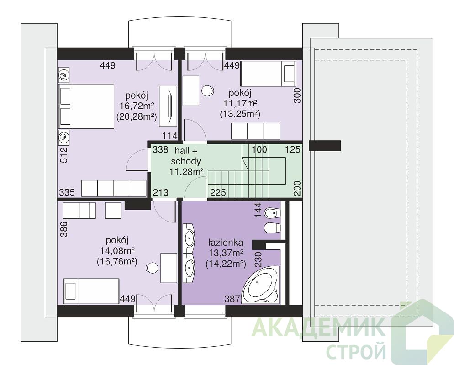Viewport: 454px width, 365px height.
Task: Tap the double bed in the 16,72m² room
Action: pyautogui.click(x=86, y=106)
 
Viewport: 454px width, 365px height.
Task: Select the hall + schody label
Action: pyautogui.click(x=186, y=156)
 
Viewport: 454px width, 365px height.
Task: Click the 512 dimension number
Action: pyautogui.click(x=64, y=155)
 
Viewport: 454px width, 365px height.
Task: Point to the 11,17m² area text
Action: pyautogui.click(x=240, y=103)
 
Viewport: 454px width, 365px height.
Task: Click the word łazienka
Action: pyautogui.click(x=226, y=242)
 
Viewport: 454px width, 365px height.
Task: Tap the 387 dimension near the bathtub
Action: pyautogui.click(x=232, y=298)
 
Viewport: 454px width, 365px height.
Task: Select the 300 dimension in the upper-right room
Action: pyautogui.click(x=297, y=95)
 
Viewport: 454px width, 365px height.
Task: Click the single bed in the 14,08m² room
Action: pyautogui.click(x=91, y=291)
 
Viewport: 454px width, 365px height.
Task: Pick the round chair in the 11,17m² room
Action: pyautogui.click(x=207, y=91)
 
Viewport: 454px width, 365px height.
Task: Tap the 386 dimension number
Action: pyautogui.click(x=64, y=229)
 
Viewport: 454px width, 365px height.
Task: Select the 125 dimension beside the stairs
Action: pyautogui.click(x=293, y=149)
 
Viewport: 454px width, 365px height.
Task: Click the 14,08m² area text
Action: pyautogui.click(x=117, y=251)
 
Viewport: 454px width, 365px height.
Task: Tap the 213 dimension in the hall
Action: pyautogui.click(x=161, y=192)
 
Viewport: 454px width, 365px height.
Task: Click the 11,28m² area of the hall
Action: pyautogui.click(x=186, y=172)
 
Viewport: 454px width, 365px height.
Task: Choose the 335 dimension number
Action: pyautogui.click(x=67, y=192)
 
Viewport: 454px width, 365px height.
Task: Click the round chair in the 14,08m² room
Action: pyautogui.click(x=152, y=268)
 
